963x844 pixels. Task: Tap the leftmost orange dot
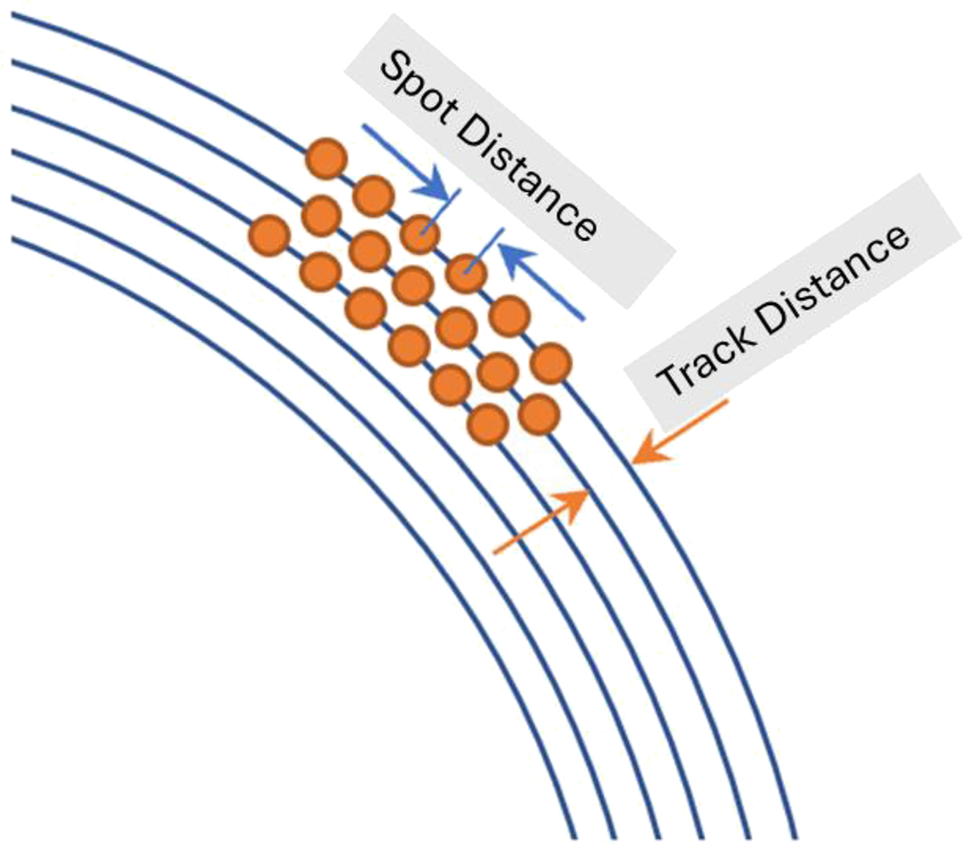(270, 235)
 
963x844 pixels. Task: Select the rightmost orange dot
(550, 363)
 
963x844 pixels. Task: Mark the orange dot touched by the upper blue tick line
(420, 233)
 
